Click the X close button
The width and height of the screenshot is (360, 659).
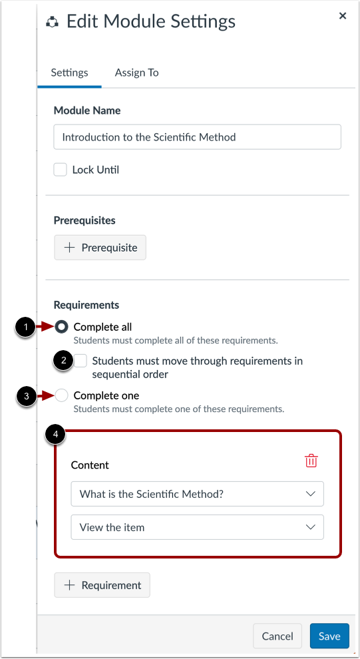[x=343, y=16]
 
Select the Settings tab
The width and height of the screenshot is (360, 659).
[x=69, y=73]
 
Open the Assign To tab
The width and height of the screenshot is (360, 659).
[x=136, y=73]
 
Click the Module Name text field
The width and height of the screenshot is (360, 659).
[x=197, y=137]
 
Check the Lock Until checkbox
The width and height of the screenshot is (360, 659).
[x=61, y=170]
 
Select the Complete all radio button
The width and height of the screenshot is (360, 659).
[x=62, y=327]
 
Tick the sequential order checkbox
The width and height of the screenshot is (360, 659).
[x=81, y=361]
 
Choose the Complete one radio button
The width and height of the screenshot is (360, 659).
[x=61, y=395]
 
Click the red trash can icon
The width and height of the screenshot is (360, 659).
[x=311, y=461]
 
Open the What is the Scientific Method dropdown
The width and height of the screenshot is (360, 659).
[x=197, y=494]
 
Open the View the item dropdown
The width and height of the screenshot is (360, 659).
[x=197, y=527]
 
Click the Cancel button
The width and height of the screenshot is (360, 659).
[x=277, y=636]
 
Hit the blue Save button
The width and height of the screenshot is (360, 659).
[x=329, y=636]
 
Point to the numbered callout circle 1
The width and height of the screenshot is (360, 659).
[x=25, y=327]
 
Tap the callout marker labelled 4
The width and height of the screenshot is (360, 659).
[x=55, y=435]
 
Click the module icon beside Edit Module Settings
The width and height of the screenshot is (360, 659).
[x=52, y=22]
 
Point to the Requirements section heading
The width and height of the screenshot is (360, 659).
[x=87, y=305]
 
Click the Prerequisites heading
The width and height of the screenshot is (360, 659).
[x=85, y=220]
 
